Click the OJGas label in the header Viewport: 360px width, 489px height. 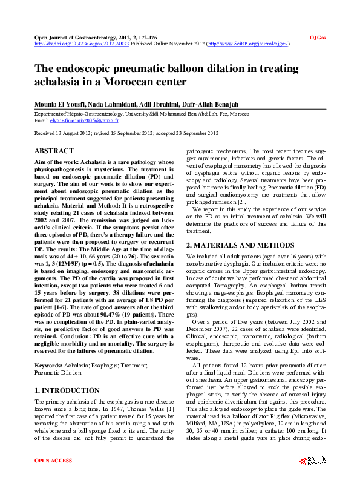click(x=318, y=38)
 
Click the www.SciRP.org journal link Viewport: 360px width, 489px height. click(x=248, y=44)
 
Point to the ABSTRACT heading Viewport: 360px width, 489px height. click(x=54, y=150)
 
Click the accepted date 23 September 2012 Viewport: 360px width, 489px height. click(x=194, y=132)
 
